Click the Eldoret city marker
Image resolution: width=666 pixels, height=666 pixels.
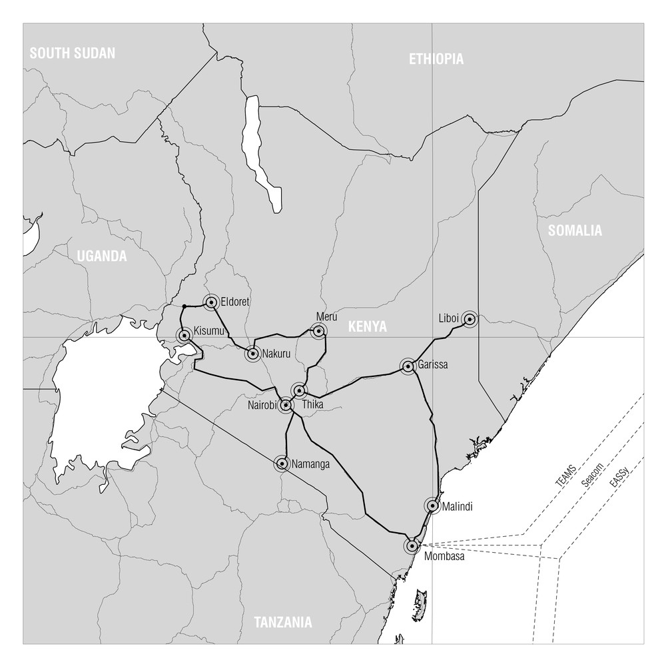pos(211,302)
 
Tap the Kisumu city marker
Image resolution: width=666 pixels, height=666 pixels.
pos(184,335)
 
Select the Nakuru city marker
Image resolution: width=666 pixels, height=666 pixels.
pos(252,354)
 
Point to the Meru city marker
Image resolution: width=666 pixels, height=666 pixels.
pos(319,330)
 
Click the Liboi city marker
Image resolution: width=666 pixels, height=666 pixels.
pos(470,319)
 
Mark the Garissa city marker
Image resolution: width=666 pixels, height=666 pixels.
pos(408,366)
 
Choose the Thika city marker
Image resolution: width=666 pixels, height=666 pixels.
pos(300,390)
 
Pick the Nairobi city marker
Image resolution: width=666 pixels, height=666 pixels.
pos(286,404)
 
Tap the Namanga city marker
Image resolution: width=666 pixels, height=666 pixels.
pos(282,464)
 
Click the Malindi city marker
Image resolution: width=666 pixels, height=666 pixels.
pos(433,506)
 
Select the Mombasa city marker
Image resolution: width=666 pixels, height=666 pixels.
pos(412,545)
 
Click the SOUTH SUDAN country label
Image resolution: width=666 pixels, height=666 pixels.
pos(73,53)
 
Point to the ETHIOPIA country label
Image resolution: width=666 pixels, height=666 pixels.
pos(436,59)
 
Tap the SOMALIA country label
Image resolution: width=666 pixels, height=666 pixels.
pos(575,231)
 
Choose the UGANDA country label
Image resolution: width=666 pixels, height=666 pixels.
pos(101,256)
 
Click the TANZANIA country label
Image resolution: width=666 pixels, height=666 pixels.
pos(283,623)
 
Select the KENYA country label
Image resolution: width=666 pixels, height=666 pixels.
pos(367,326)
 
